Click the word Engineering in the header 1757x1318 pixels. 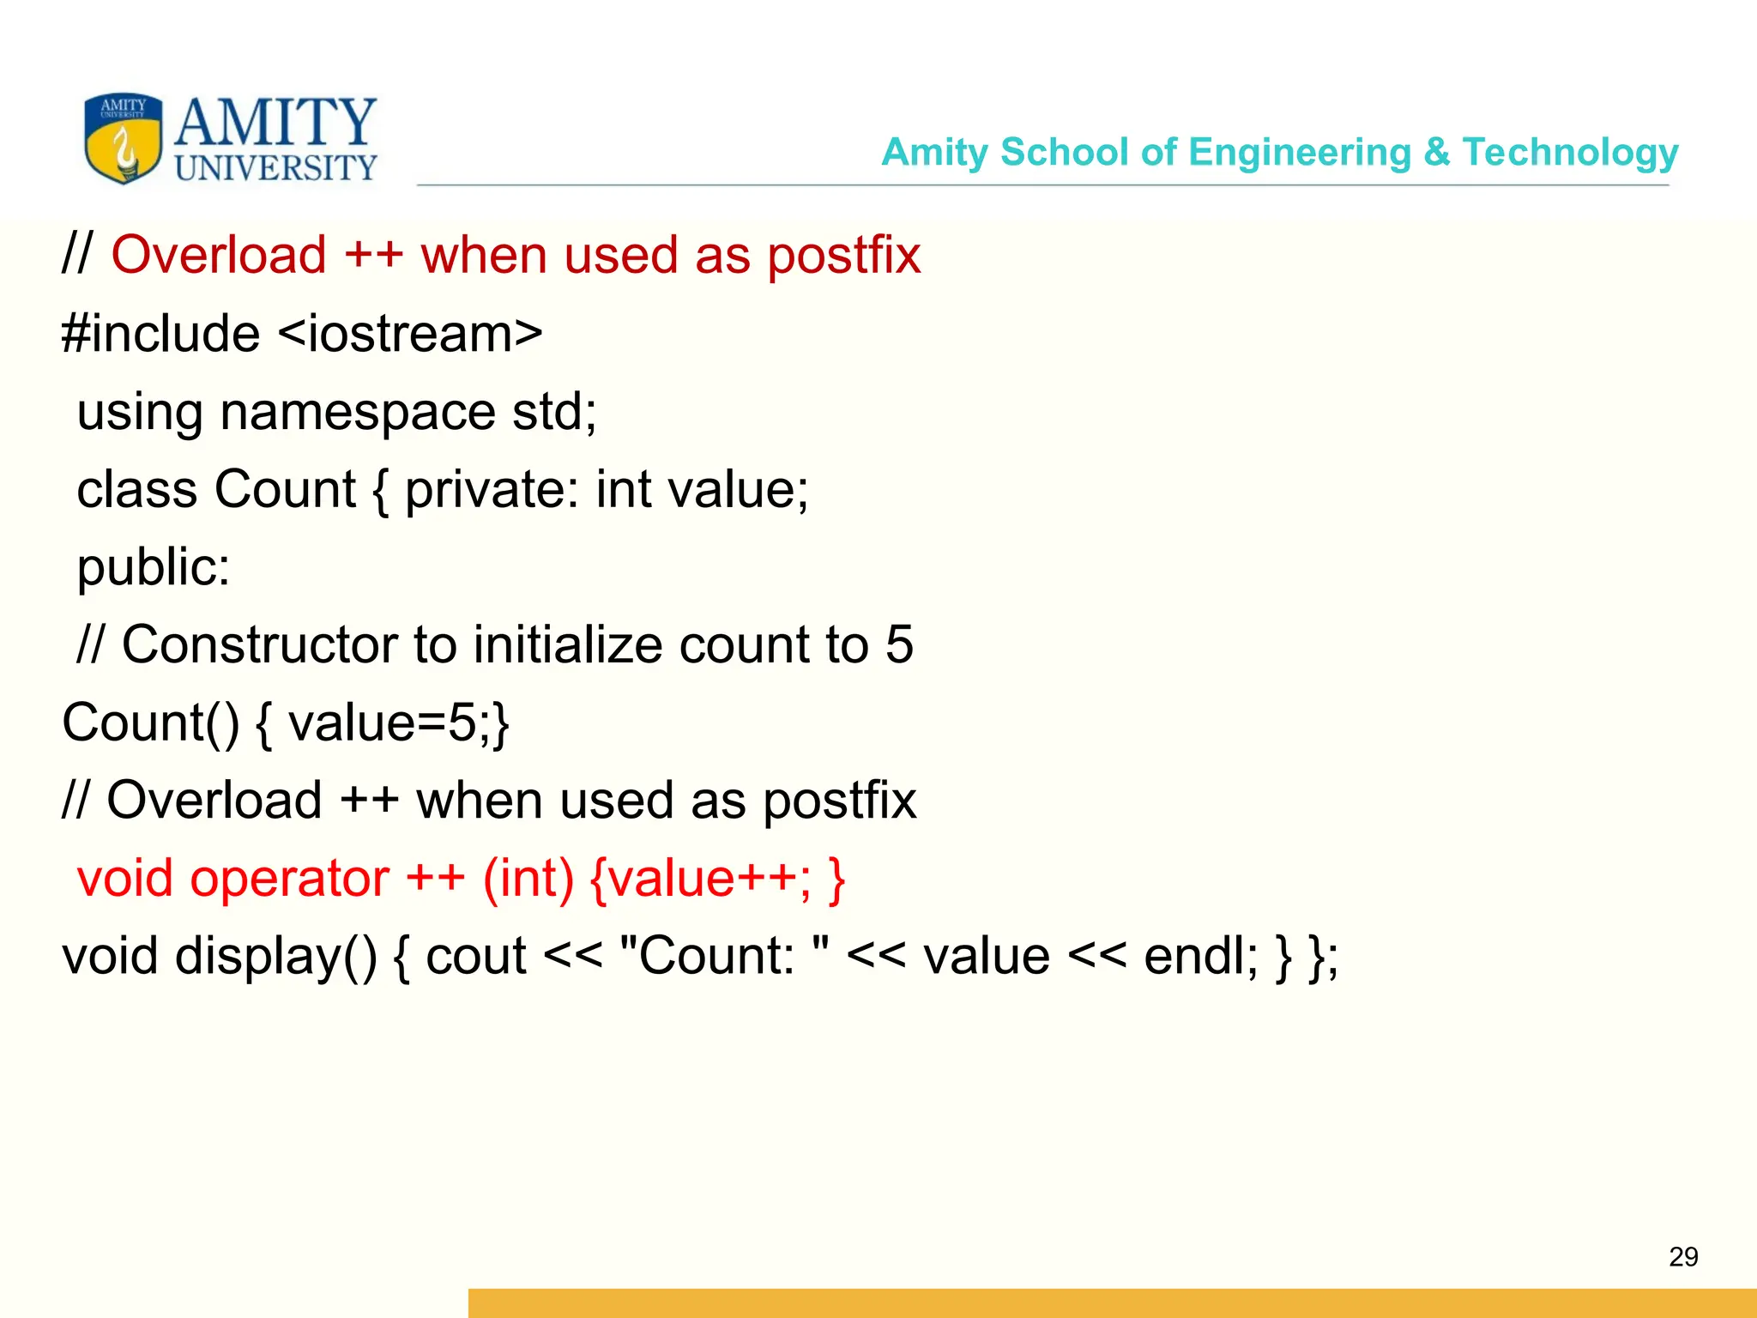[x=1300, y=153]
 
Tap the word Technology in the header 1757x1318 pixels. [x=1570, y=153]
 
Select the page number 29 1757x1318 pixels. [x=1683, y=1256]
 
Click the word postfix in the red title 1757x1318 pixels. [x=843, y=256]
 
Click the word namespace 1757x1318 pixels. [x=357, y=412]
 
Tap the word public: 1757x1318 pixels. [x=154, y=568]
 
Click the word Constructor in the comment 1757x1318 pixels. [x=260, y=644]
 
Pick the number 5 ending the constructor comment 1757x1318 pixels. [x=899, y=644]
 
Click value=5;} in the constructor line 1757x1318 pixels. [x=399, y=722]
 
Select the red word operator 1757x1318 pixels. [x=289, y=879]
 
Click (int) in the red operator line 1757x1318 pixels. [x=528, y=879]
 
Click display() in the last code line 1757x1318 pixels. [x=275, y=957]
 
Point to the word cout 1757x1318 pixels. [x=475, y=957]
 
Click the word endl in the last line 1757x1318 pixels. [x=1199, y=957]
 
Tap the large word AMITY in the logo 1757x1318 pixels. [x=275, y=122]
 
